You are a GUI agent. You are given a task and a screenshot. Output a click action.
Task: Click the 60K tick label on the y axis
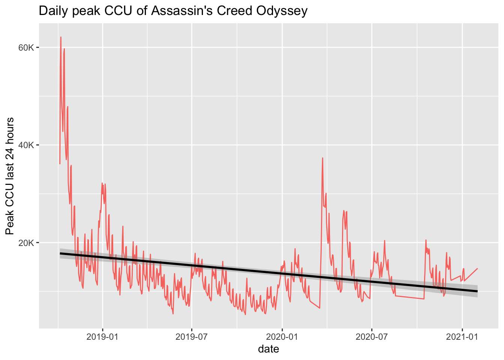(x=26, y=48)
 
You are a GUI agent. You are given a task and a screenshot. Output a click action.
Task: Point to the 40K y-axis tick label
(x=26, y=145)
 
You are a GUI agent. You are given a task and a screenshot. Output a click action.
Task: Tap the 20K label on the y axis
(x=26, y=243)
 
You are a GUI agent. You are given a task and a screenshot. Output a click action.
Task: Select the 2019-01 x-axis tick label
(x=102, y=337)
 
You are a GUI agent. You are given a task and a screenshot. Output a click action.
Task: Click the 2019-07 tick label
(x=192, y=337)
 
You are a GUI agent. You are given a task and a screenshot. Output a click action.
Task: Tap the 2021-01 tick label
(x=462, y=337)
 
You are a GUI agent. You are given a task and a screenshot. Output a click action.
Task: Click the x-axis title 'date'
(x=268, y=349)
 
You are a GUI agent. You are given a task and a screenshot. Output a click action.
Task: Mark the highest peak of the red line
(x=61, y=37)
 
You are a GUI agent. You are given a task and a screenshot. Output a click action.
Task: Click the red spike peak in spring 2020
(x=322, y=158)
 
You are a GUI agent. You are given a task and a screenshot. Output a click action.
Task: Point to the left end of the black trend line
(x=60, y=253)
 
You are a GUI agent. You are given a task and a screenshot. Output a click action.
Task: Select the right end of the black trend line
(x=477, y=291)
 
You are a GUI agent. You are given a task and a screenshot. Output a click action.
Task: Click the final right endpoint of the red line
(x=477, y=268)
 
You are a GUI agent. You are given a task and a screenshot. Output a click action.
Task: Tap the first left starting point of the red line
(x=60, y=163)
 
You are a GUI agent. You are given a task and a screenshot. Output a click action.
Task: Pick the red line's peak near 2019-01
(x=102, y=183)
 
